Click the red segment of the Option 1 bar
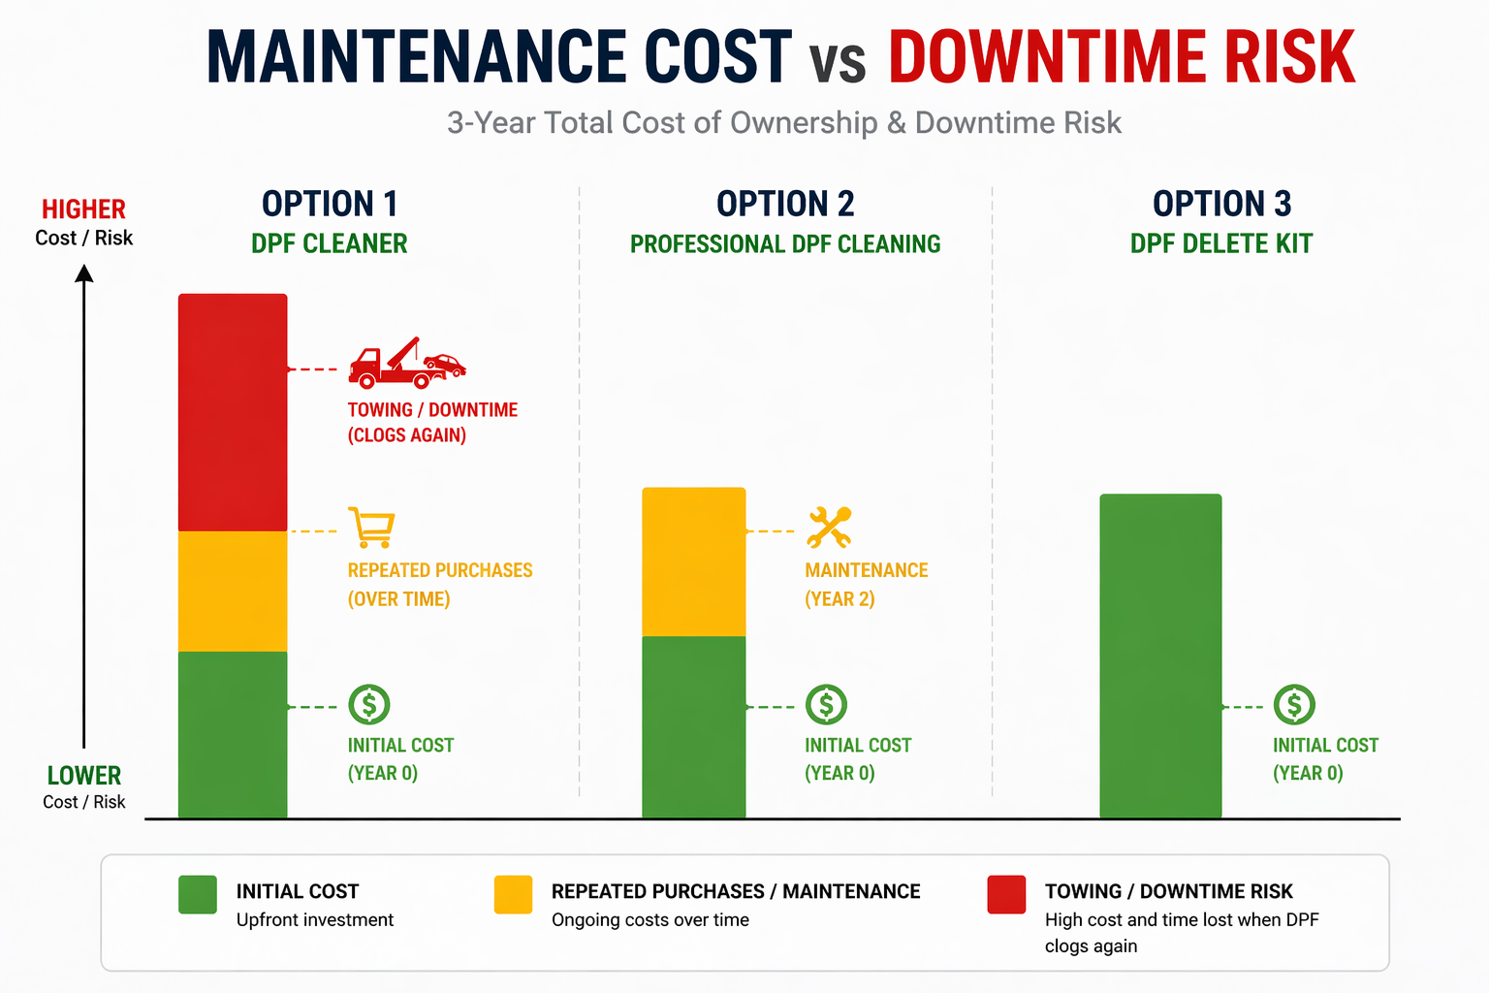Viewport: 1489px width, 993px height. coord(233,412)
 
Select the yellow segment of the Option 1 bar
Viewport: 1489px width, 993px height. coord(233,591)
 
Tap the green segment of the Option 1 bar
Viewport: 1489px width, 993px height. coord(233,734)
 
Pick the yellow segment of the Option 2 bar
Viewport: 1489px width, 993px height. coord(694,561)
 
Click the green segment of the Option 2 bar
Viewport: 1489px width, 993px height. coord(694,726)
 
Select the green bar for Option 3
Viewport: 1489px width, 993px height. coord(1160,656)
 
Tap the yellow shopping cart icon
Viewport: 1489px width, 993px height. coord(371,528)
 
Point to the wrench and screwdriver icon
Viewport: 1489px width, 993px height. coord(829,528)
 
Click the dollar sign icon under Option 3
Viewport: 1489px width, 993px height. coord(1294,705)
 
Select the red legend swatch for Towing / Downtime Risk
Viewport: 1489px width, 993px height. coord(1006,894)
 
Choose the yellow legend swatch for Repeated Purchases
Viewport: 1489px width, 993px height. coord(513,894)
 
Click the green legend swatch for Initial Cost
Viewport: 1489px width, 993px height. coord(198,894)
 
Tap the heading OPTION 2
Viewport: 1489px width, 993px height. coord(785,204)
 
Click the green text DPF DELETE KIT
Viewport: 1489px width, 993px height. coord(1221,243)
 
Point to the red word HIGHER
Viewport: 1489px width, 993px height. coord(83,209)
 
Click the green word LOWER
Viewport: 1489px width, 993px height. coord(84,776)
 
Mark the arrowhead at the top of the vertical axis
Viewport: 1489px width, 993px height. coord(84,273)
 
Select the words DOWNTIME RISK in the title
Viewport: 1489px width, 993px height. coord(1122,58)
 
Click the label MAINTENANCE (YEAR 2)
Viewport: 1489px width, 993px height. coord(866,584)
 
